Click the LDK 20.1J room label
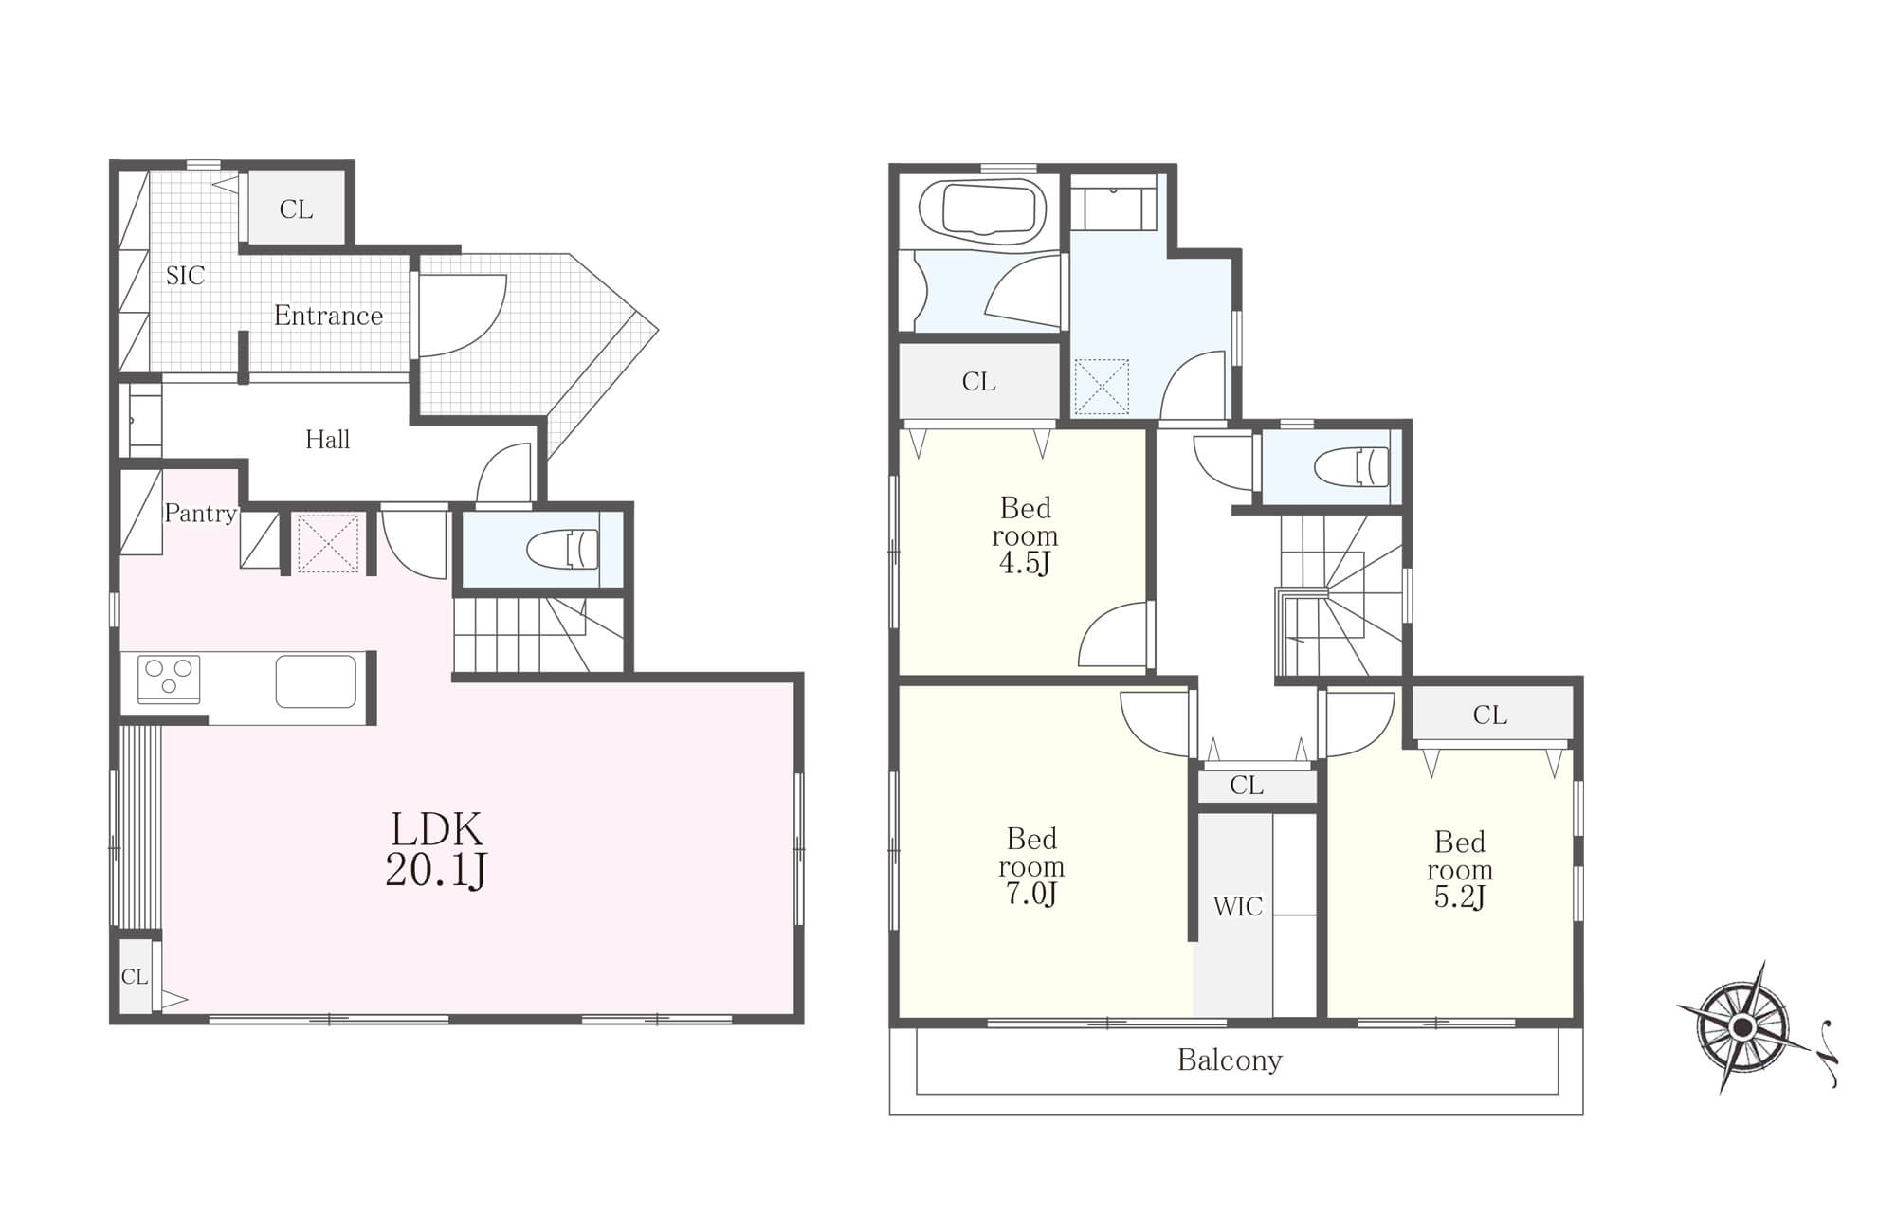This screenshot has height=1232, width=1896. [436, 849]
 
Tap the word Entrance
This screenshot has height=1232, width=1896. [328, 316]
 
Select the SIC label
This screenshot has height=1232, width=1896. [185, 276]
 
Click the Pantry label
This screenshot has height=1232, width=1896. [200, 514]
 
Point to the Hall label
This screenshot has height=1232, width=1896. [328, 440]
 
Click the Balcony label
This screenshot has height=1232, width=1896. [1230, 1060]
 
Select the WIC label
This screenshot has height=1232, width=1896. [1238, 907]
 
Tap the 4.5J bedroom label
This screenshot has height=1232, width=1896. [1025, 535]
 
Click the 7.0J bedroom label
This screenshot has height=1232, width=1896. [1031, 866]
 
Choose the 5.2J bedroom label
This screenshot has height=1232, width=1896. [1460, 869]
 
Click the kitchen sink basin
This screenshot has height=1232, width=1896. [316, 681]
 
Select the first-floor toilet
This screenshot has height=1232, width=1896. [563, 549]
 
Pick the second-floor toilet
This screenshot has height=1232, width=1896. [1352, 466]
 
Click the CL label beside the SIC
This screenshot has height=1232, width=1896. [296, 209]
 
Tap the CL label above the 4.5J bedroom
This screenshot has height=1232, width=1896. [978, 382]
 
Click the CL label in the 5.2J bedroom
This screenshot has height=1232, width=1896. [1489, 716]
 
